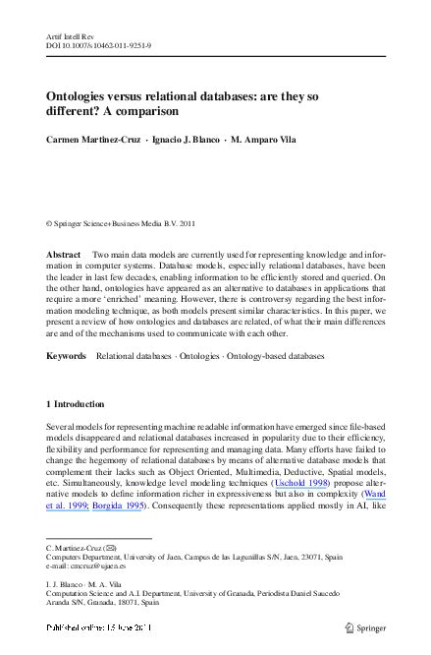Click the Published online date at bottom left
point(95,627)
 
